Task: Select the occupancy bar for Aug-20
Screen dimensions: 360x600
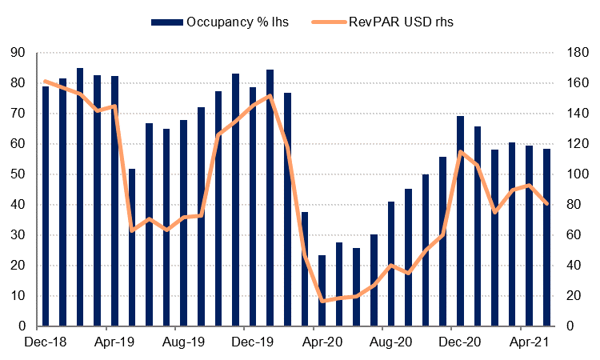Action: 391,264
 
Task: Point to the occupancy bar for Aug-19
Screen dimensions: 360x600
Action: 184,223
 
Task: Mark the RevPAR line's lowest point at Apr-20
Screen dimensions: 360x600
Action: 322,301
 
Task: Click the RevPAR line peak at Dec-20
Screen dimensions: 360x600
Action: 460,151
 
